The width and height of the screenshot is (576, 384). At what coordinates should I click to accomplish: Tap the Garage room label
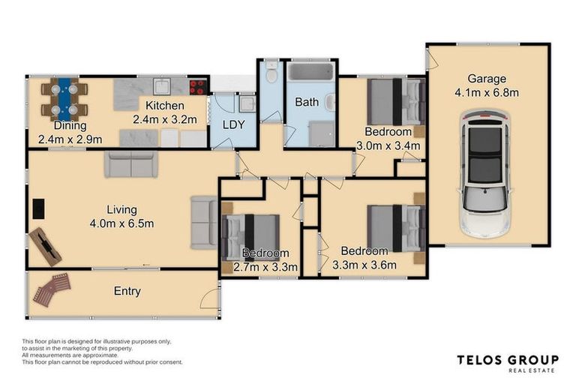point(487,79)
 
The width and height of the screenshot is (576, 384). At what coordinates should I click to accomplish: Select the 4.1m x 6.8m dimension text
point(487,92)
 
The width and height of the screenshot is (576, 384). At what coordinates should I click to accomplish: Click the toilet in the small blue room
point(271,73)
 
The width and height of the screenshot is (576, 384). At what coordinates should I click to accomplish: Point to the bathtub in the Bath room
point(310,72)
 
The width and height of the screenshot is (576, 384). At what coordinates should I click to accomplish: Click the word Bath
point(307,102)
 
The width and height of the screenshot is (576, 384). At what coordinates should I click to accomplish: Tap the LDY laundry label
point(234,125)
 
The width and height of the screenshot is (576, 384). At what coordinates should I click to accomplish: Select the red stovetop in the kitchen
point(198,87)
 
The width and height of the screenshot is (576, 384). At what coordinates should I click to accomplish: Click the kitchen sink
point(162,87)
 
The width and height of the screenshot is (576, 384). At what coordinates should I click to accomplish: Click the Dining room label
point(70,126)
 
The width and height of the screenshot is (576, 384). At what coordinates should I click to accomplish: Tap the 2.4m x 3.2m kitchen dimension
point(165,119)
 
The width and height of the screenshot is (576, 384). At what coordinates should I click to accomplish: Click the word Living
point(122,210)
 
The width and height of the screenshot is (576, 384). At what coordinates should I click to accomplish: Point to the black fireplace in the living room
point(38,208)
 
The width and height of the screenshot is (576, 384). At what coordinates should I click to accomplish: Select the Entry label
point(127,292)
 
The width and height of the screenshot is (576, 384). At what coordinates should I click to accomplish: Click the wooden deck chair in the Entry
point(52,289)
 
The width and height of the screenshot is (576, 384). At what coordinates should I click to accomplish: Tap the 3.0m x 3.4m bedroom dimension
point(388,146)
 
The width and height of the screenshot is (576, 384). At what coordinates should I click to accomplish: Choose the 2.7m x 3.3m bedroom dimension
point(265,267)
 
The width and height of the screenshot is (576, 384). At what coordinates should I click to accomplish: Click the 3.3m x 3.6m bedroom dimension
point(364,265)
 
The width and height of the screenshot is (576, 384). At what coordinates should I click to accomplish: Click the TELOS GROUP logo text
point(508,360)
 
